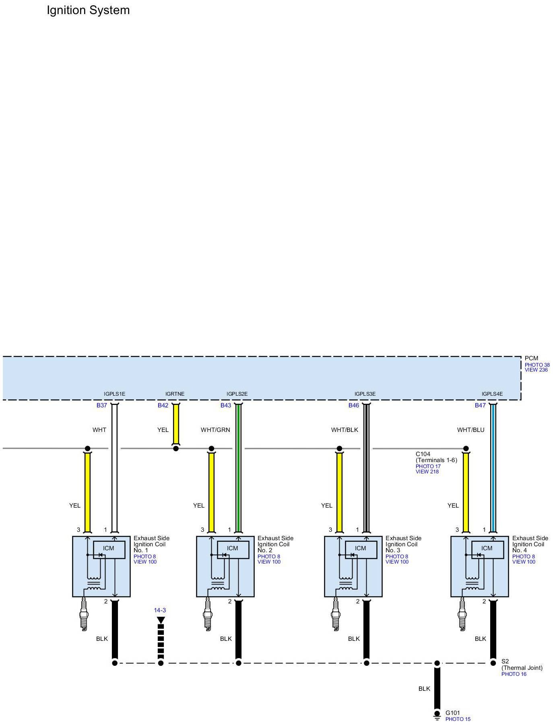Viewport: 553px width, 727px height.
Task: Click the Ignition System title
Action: (x=88, y=10)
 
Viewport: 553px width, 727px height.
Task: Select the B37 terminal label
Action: (x=101, y=405)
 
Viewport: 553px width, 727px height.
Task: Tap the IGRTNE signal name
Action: (x=175, y=394)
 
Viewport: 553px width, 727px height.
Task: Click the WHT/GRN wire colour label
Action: (x=215, y=430)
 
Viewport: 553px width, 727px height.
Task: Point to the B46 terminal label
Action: (x=353, y=405)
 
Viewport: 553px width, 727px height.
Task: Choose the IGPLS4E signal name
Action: (x=492, y=394)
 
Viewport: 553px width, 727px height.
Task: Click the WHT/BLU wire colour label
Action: (x=470, y=430)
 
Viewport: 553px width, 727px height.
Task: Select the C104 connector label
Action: (x=423, y=454)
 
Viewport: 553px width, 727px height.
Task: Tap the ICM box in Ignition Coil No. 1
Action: (x=109, y=548)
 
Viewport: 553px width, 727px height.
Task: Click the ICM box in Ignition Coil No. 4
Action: (x=487, y=548)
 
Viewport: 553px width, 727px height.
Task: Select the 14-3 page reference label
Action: (x=160, y=610)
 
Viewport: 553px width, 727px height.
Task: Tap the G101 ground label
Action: (x=452, y=713)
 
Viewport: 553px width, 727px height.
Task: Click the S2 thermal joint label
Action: (x=505, y=661)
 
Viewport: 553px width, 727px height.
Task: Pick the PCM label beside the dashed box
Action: (x=531, y=358)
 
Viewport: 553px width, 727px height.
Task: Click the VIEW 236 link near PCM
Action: (x=536, y=370)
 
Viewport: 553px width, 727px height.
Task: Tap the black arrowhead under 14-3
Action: (x=161, y=620)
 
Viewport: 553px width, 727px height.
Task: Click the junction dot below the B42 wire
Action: (x=176, y=448)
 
